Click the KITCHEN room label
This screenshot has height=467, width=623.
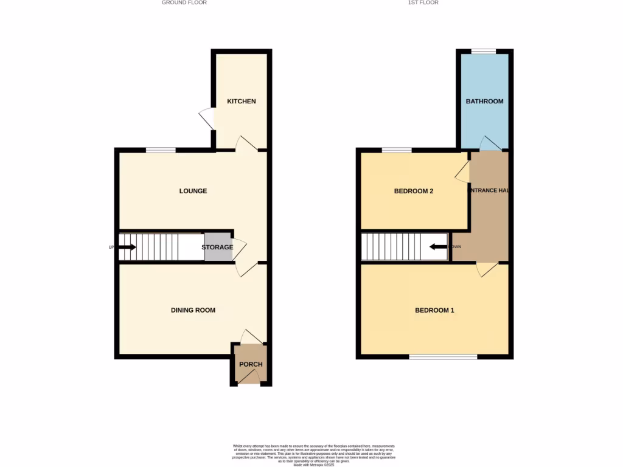coord(242,101)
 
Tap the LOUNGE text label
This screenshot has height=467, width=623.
coord(193,191)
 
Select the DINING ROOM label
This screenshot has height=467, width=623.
coord(193,310)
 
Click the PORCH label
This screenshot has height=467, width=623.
coord(251,365)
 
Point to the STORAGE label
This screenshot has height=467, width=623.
coord(217,247)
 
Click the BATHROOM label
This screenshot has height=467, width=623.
coord(484,101)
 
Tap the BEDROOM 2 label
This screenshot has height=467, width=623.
coord(414,191)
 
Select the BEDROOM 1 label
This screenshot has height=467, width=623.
coord(434,310)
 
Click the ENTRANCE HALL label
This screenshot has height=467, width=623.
coord(488,191)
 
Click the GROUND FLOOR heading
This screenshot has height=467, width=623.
coord(184,3)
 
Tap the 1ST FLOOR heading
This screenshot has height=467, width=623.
coord(423,3)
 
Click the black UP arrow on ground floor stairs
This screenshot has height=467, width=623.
coord(127,247)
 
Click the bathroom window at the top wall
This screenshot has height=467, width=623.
coord(484,51)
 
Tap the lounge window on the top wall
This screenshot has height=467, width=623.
coord(161,150)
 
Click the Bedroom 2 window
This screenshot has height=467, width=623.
coord(396,150)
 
